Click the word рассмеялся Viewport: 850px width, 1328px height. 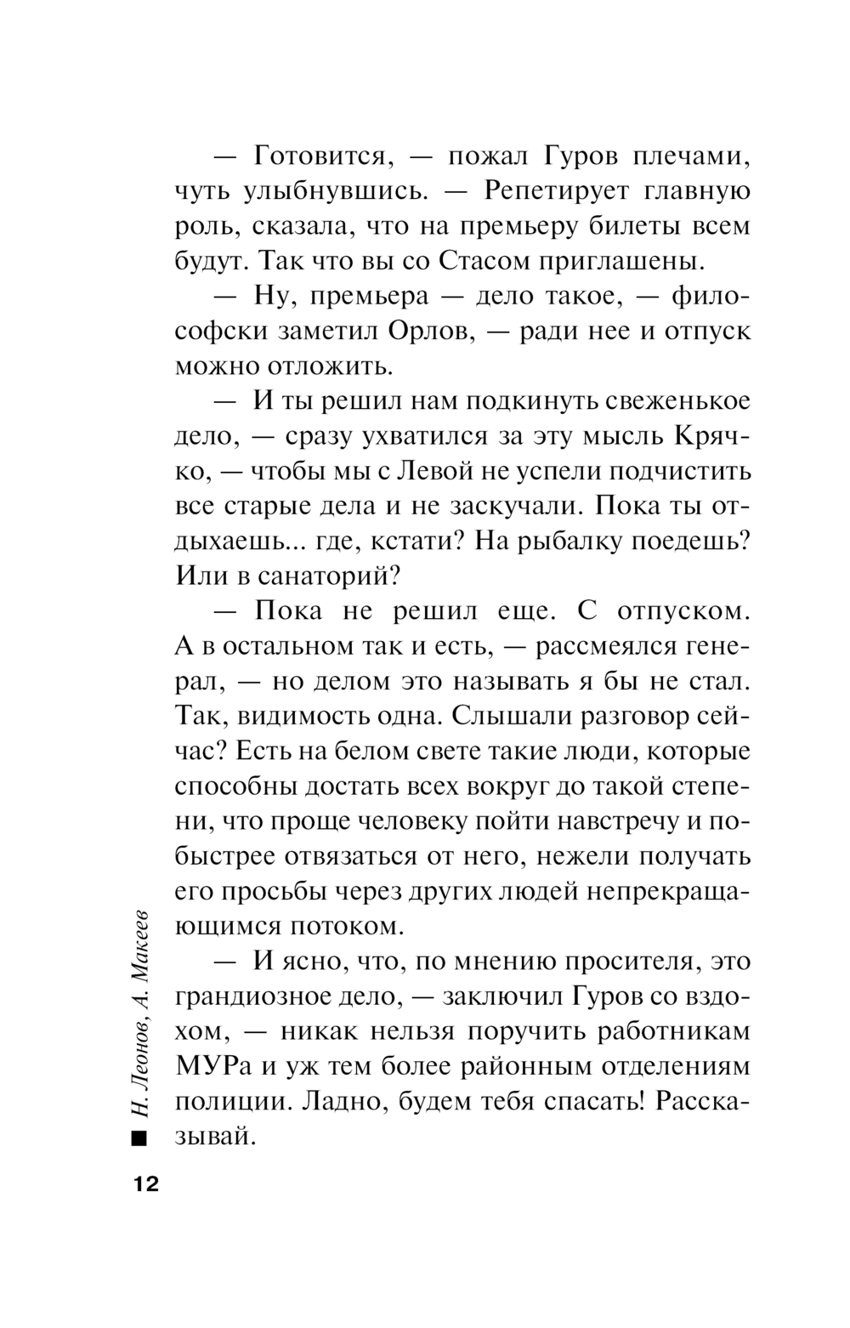[x=609, y=646]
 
